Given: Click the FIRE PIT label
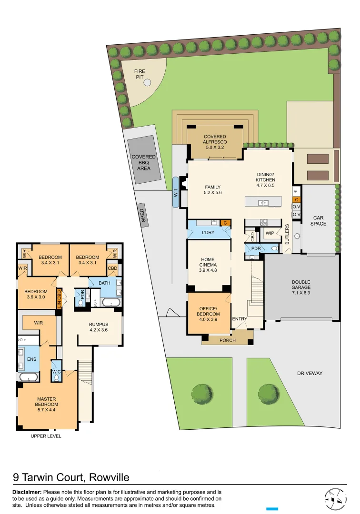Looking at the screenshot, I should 140,74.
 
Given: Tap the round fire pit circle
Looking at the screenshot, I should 147,83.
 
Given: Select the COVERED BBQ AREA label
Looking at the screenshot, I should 144,162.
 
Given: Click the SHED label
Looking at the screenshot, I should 142,215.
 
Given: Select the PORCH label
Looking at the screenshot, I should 227,340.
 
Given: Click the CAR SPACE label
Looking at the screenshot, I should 319,221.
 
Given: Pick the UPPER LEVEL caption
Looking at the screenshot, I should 46,435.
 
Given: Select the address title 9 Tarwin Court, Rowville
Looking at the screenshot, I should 70,477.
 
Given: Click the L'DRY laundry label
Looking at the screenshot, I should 208,232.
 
